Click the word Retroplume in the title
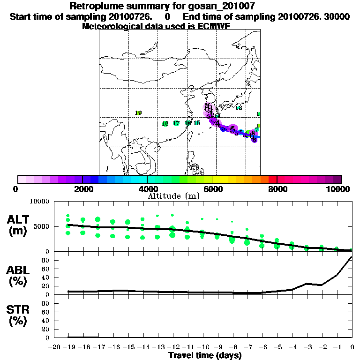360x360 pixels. pyautogui.click(x=94, y=6)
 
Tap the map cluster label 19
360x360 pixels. pyautogui.click(x=138, y=113)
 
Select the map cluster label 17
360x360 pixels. pyautogui.click(x=176, y=123)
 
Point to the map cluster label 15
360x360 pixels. pyautogui.click(x=197, y=123)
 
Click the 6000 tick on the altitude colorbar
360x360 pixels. pyautogui.click(x=212, y=189)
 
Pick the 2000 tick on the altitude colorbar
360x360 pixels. pyautogui.click(x=82, y=189)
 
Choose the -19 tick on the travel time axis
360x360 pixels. pyautogui.click(x=69, y=347)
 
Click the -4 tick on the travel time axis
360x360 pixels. pyautogui.click(x=292, y=347)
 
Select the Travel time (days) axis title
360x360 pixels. pyautogui.click(x=205, y=355)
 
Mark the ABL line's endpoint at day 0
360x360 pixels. pyautogui.click(x=352, y=257)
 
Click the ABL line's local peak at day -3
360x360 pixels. pyautogui.click(x=307, y=284)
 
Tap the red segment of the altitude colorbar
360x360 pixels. pyautogui.click(x=272, y=179)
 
